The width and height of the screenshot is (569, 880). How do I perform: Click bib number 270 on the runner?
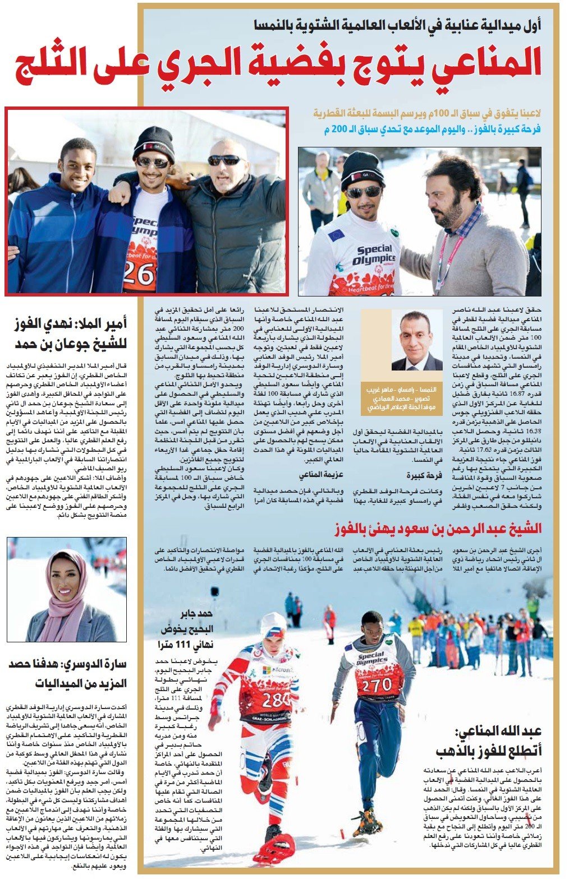[x=377, y=684]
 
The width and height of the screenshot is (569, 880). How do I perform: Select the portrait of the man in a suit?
[x=415, y=342]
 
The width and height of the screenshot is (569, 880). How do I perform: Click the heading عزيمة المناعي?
[x=321, y=475]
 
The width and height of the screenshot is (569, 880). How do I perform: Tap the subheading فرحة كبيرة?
[x=424, y=475]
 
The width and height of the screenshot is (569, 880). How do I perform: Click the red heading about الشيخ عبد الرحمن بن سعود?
[x=438, y=528]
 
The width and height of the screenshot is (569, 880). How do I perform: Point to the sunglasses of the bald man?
[x=223, y=160]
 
